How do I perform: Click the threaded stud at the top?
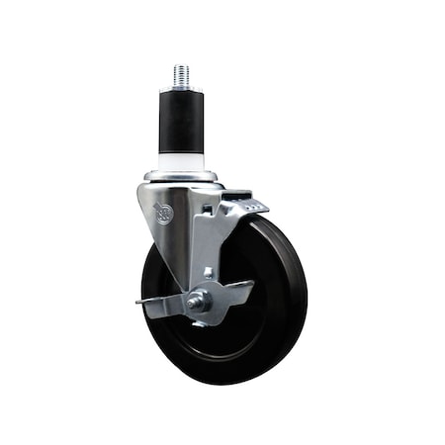pos(182,76)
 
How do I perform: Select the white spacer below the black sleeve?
pos(184,162)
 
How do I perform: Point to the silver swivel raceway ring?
pos(183,179)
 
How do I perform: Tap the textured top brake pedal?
pos(248,205)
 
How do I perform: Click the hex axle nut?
pos(197,302)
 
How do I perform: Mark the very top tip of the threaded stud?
pos(182,65)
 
